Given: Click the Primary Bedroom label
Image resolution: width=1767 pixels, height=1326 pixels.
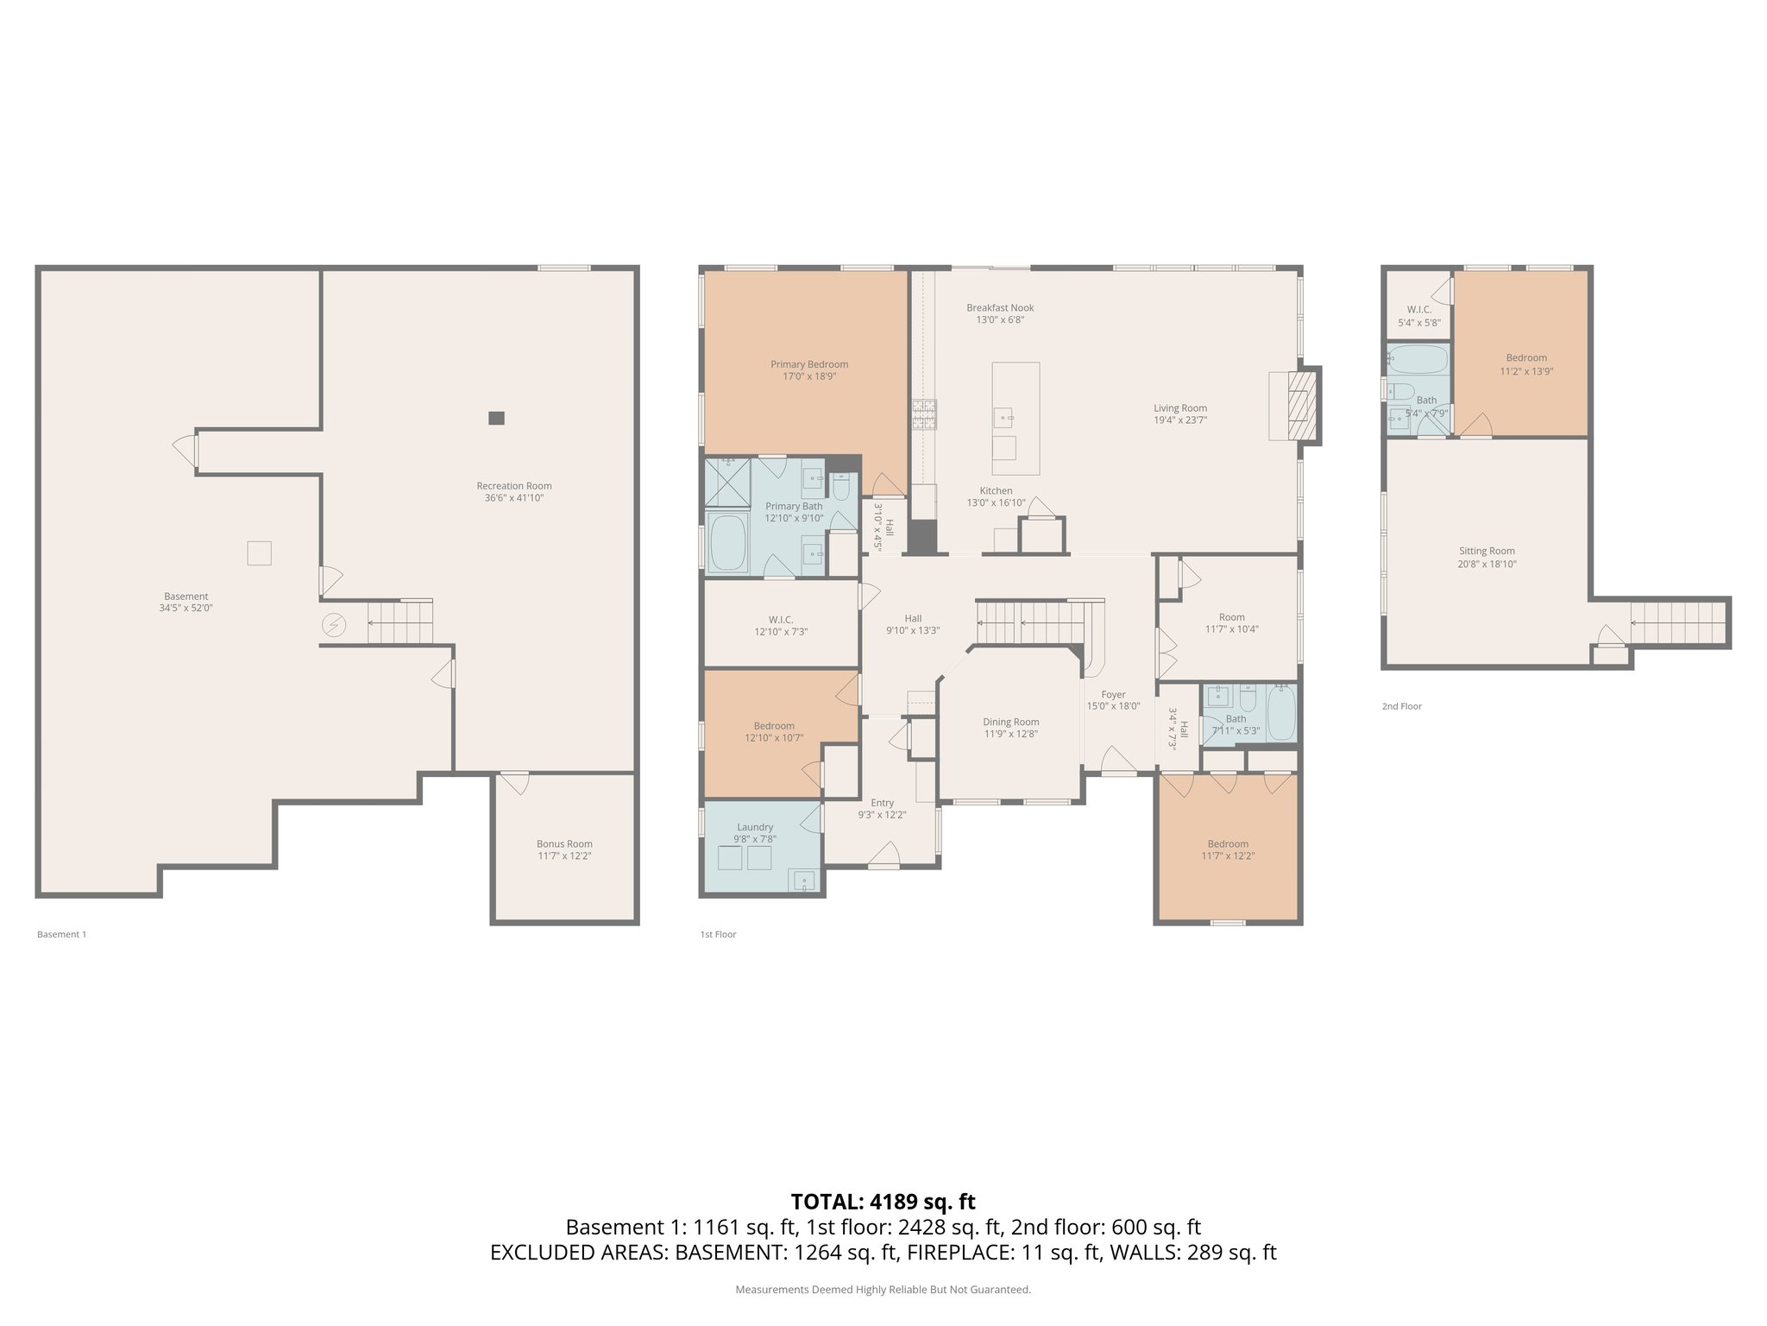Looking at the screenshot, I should [x=808, y=364].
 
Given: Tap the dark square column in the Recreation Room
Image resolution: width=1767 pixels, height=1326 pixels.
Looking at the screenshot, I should [x=496, y=418].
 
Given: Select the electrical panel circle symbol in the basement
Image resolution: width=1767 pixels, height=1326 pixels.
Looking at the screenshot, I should [x=334, y=625].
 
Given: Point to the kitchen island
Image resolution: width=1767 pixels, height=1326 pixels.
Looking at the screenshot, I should [x=1016, y=418].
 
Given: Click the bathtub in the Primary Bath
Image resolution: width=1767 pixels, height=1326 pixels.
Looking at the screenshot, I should [x=726, y=544].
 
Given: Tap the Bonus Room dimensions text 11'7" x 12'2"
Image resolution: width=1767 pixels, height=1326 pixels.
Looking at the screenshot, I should [x=564, y=856].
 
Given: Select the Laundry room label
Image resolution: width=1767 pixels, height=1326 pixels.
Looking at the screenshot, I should [x=755, y=827].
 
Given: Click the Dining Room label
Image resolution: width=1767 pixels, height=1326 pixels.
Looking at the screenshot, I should [x=1010, y=722].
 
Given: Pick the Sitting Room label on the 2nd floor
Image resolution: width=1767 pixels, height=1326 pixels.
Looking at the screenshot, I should [x=1487, y=551].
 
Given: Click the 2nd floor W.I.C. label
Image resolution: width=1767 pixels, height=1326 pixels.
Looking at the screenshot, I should [x=1418, y=309].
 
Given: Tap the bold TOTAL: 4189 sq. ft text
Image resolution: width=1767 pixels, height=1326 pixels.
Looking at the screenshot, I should [x=883, y=1202].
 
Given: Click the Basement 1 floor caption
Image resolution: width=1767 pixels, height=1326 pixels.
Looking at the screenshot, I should [x=62, y=934].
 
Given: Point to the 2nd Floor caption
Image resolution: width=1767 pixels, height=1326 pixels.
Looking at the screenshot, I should [x=1401, y=706].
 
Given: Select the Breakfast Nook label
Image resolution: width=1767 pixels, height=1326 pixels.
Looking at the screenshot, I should [x=999, y=307].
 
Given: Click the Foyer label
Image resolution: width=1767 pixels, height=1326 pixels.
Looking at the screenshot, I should [x=1113, y=694].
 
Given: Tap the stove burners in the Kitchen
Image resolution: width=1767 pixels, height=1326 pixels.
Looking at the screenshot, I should [x=924, y=414].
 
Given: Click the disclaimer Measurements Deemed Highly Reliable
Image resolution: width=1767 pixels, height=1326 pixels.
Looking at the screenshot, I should [x=883, y=1290].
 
